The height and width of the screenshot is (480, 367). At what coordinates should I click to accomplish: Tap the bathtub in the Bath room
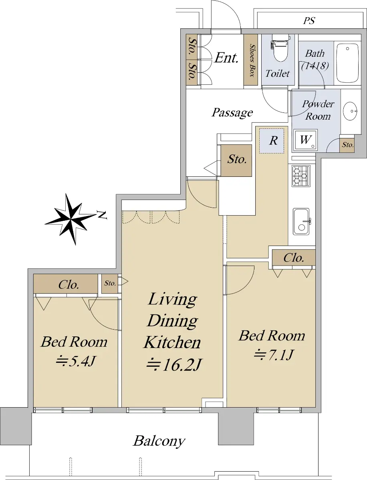347,63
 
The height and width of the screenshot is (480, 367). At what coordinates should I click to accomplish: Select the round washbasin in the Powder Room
350,111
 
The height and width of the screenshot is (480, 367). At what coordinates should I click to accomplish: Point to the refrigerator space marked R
272,141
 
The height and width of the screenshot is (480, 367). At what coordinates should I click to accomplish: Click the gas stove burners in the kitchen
301,176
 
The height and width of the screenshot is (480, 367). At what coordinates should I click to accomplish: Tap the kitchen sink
301,222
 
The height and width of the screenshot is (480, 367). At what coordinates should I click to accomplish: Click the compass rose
70,219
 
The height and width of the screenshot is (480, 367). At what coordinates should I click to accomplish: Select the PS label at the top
309,21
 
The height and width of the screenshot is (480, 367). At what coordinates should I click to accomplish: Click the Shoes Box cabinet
251,60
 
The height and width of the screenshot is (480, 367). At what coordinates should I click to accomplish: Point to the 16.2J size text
173,364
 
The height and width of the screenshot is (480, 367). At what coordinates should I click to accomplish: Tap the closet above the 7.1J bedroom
294,258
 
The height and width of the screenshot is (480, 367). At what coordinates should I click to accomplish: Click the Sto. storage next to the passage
236,160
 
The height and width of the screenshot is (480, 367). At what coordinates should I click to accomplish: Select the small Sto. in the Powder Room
347,144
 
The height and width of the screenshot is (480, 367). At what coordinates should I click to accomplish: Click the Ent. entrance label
226,58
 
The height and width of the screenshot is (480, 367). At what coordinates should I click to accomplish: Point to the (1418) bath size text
315,66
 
